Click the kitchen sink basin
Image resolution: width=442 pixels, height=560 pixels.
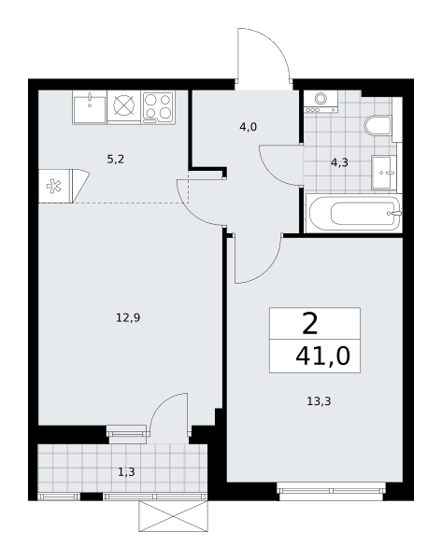(x=90, y=107)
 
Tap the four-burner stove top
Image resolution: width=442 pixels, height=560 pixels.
(x=158, y=107)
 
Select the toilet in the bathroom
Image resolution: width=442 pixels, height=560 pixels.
(x=378, y=126)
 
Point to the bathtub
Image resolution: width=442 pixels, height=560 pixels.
(x=354, y=213)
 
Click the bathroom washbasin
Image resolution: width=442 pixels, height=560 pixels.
(x=384, y=173)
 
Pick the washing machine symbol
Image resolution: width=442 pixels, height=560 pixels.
(x=321, y=102)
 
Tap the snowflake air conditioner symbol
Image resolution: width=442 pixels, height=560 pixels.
(x=54, y=187)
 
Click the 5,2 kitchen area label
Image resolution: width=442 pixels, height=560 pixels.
(x=115, y=160)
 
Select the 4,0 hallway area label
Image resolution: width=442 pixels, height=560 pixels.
(x=249, y=127)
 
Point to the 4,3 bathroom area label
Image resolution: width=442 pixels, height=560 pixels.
(x=339, y=162)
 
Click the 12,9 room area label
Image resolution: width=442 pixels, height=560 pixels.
(x=128, y=317)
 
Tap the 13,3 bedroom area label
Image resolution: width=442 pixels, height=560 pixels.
(x=319, y=401)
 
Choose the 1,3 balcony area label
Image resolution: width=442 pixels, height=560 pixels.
(x=126, y=472)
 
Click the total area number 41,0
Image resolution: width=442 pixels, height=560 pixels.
(x=322, y=357)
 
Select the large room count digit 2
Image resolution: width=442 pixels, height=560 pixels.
(x=309, y=324)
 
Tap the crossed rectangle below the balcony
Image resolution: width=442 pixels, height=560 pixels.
(x=174, y=515)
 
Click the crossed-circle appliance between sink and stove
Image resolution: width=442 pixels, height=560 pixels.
(x=124, y=105)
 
